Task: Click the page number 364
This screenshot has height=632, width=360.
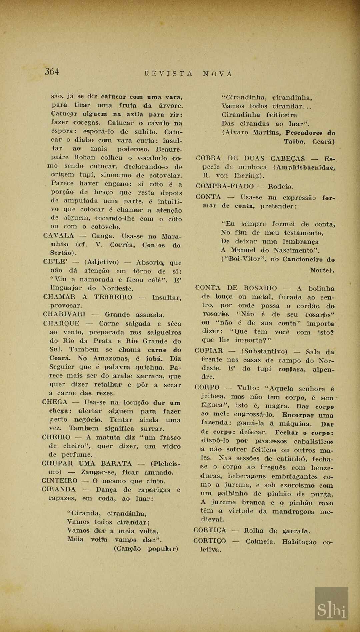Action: click(x=52, y=71)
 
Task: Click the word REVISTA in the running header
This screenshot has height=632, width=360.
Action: click(x=169, y=74)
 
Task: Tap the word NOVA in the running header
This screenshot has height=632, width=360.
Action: click(x=217, y=74)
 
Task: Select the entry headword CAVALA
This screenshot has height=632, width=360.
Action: click(x=58, y=236)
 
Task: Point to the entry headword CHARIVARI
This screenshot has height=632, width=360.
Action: click(x=64, y=314)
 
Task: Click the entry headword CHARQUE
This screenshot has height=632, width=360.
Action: click(x=61, y=323)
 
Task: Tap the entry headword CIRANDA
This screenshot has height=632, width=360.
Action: click(x=59, y=489)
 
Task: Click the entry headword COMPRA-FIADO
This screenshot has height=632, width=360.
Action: click(x=225, y=186)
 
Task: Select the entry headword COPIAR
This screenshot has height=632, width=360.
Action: click(x=209, y=351)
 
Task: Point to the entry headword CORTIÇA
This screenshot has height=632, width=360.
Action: click(x=210, y=530)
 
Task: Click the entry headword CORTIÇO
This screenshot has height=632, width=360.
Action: click(x=210, y=541)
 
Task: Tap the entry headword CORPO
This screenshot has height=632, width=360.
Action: click(x=207, y=388)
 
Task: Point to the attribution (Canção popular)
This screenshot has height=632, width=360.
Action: click(x=146, y=549)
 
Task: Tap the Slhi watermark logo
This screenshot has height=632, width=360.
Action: click(x=331, y=603)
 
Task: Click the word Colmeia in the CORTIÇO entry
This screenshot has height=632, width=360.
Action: click(x=260, y=542)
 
